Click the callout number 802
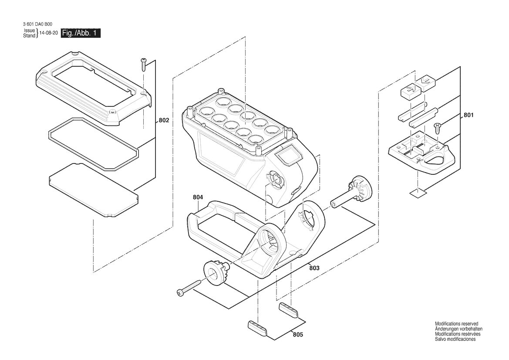pyautogui.click(x=164, y=121)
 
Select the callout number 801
pyautogui.click(x=469, y=115)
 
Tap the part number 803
pyautogui.click(x=314, y=268)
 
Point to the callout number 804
pyautogui.click(x=198, y=197)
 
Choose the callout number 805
pyautogui.click(x=298, y=334)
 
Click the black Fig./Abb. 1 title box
pyautogui.click(x=81, y=34)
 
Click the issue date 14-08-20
pyautogui.click(x=49, y=34)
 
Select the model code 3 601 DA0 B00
pyautogui.click(x=37, y=24)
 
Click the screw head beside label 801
pyautogui.click(x=438, y=127)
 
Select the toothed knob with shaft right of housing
pyautogui.click(x=353, y=194)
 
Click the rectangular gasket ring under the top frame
pyautogui.click(x=94, y=144)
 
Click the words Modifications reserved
pyautogui.click(x=456, y=324)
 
